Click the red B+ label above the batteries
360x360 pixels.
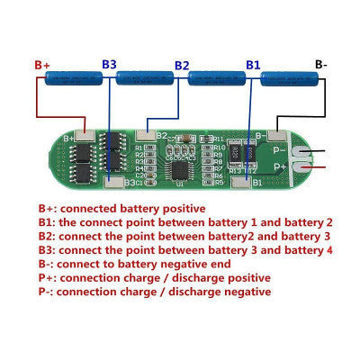[x=42, y=65]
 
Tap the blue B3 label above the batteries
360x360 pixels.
[x=109, y=65]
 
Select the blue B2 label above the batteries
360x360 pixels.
[x=182, y=65]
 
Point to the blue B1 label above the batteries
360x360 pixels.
[x=253, y=65]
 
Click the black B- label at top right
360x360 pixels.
[x=321, y=64]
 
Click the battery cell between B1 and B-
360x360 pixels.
[x=289, y=81]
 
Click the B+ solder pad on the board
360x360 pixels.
[x=85, y=137]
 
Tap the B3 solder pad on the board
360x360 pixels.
[x=114, y=182]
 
